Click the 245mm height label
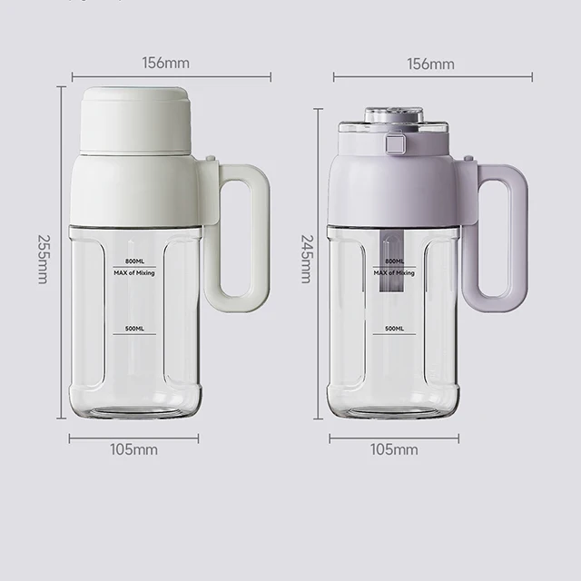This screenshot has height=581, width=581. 306,257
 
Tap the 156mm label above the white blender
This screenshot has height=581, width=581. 165,64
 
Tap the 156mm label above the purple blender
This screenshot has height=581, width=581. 430,64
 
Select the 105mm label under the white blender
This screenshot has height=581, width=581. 134,449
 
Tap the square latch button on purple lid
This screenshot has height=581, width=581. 395,143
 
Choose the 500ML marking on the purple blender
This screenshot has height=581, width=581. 394,328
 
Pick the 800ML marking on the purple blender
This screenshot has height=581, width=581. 394,261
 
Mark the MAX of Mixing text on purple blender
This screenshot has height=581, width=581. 395,272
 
